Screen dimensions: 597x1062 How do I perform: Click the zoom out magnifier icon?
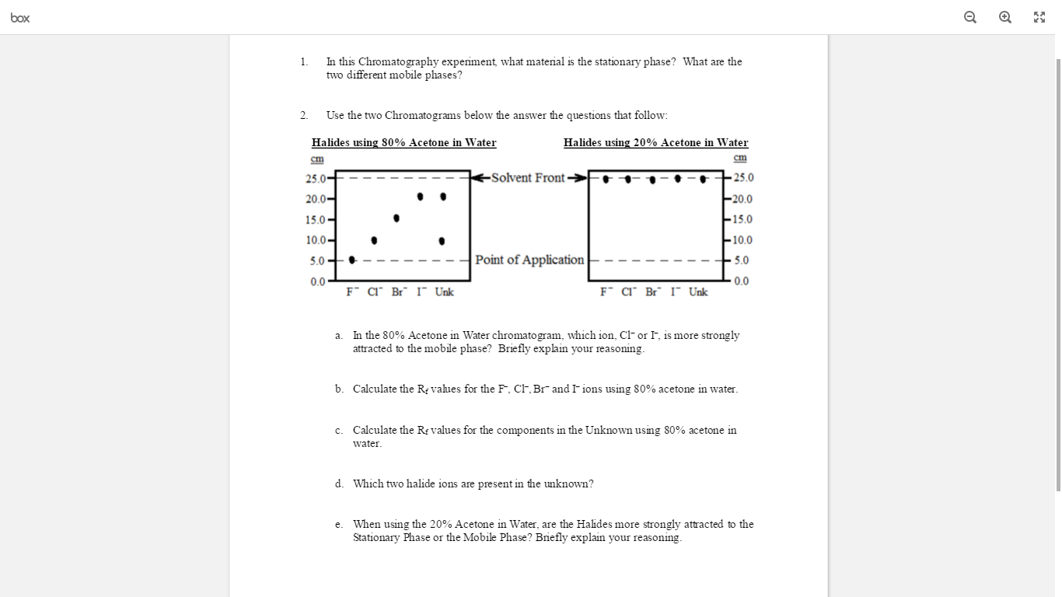pos(970,17)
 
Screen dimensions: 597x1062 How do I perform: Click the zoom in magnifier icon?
pos(1005,17)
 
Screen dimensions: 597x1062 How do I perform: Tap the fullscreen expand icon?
pos(1039,17)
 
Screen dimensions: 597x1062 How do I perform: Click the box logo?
pos(20,17)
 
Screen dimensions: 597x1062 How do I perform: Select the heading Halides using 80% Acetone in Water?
pos(403,142)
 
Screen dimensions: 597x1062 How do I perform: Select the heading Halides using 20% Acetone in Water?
pos(655,142)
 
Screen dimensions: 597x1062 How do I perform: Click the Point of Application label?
pos(529,260)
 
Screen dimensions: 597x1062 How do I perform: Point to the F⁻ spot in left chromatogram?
pos(352,260)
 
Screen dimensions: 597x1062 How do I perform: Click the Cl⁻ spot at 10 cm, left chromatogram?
pos(374,240)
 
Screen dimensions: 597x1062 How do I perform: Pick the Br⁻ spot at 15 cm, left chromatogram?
pos(397,218)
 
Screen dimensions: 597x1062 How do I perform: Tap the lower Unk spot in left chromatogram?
pos(442,241)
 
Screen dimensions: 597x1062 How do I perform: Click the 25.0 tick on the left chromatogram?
pos(316,178)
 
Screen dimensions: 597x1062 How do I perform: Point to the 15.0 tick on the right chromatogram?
pos(742,219)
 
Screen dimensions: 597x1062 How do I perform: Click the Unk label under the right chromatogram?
pos(698,292)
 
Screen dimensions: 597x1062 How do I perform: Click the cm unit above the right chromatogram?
pos(739,158)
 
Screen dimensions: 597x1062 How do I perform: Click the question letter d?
pos(340,484)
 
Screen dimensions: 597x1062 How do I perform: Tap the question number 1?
pos(303,61)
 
